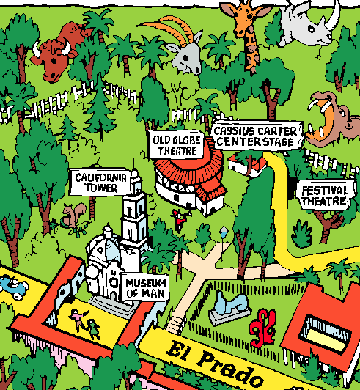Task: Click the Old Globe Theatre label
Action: click(177, 145)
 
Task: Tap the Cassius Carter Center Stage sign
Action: click(257, 136)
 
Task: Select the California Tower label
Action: click(100, 183)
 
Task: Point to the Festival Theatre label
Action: click(325, 196)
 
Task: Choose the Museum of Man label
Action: click(145, 288)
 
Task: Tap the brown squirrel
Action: click(73, 216)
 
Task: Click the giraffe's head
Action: click(245, 18)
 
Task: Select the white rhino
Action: click(309, 23)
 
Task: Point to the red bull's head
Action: click(54, 59)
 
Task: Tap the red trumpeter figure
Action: click(180, 219)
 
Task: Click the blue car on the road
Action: click(14, 287)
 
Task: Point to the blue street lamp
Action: click(224, 234)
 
